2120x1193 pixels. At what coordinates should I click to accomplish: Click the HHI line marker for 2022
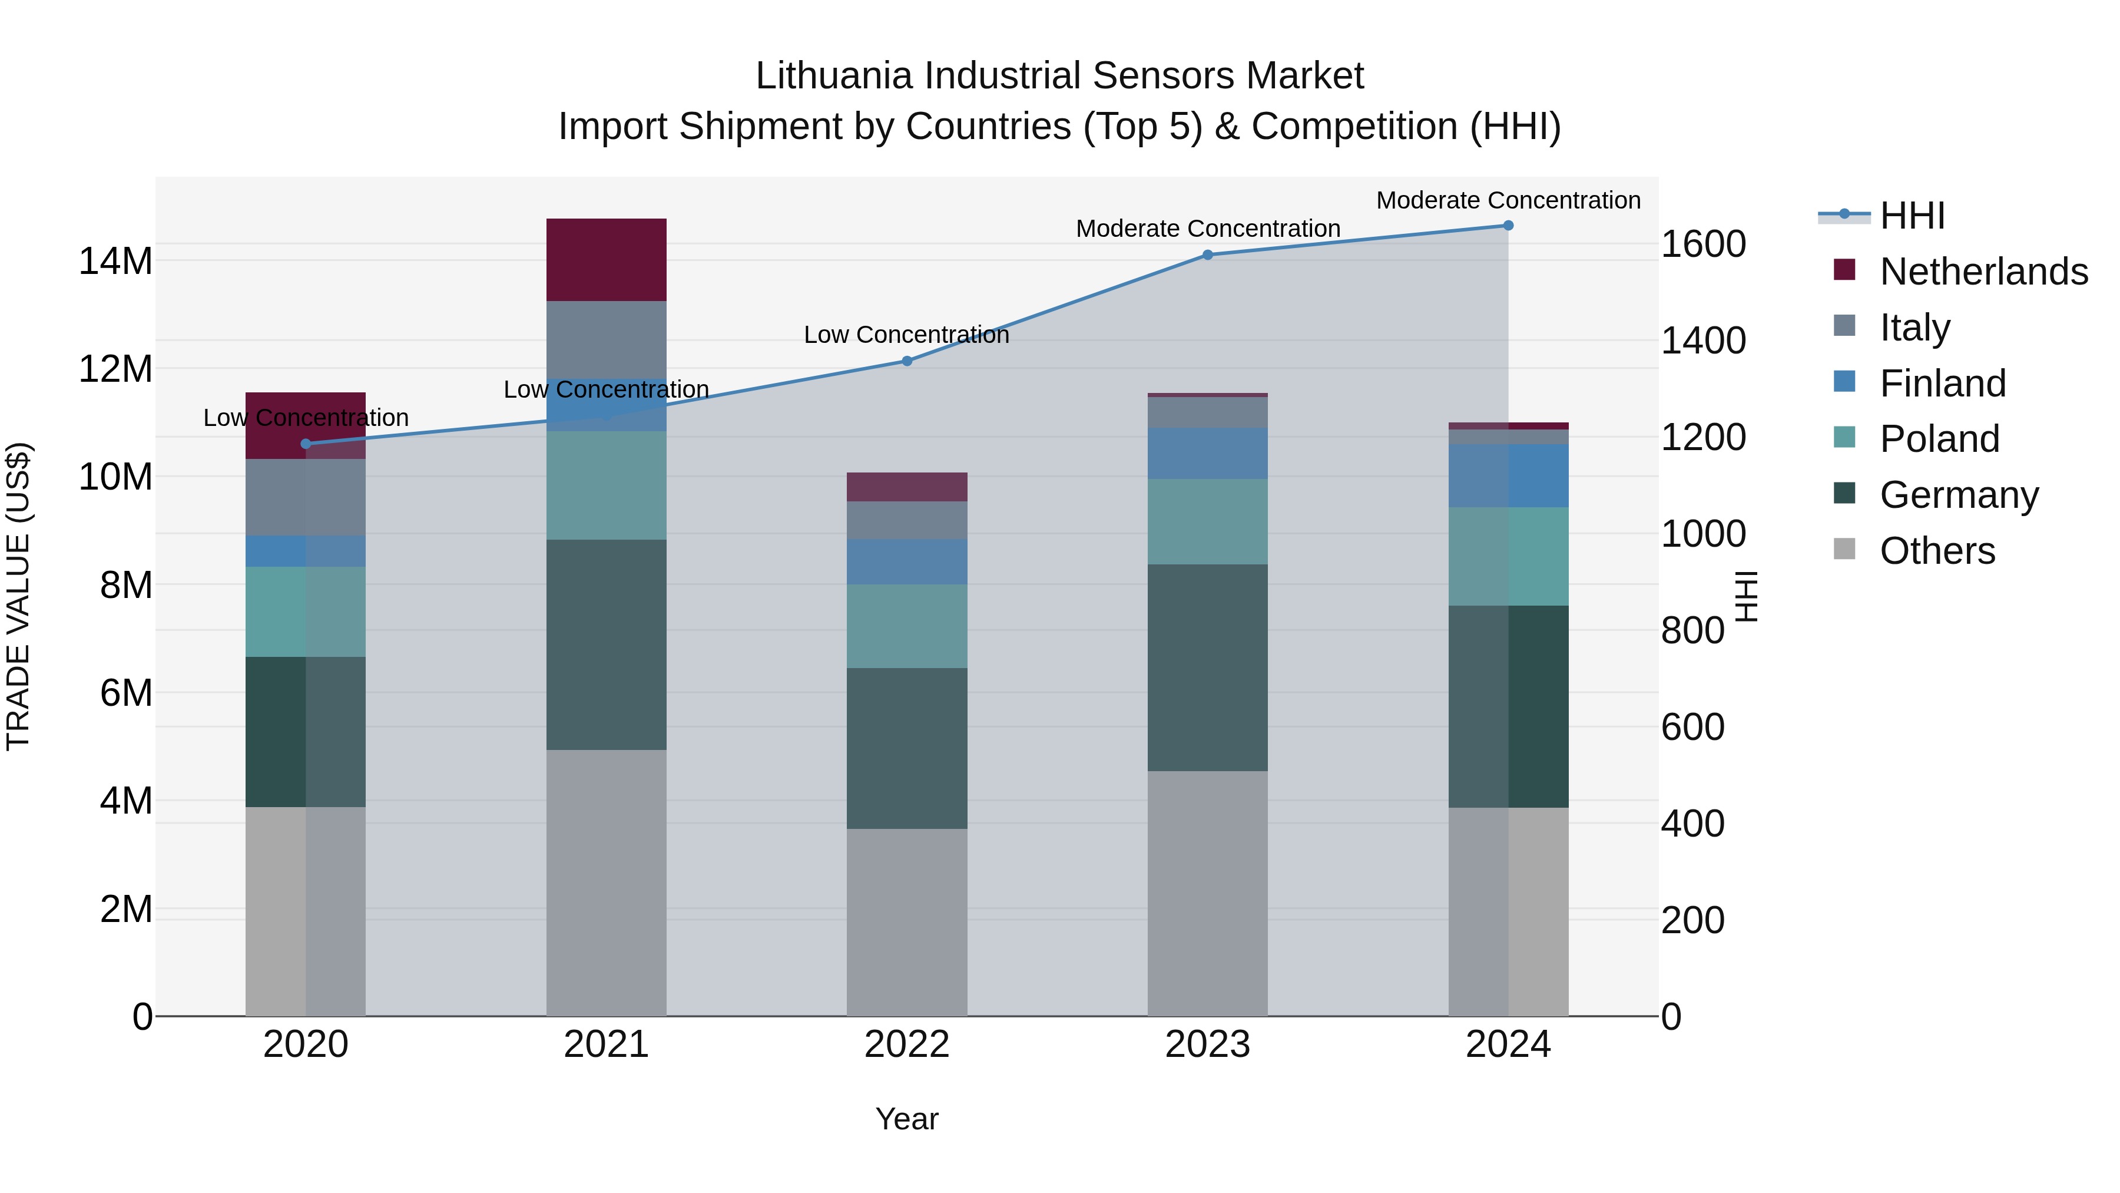pyautogui.click(x=907, y=361)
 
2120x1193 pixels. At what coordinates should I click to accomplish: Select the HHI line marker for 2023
pyautogui.click(x=1207, y=255)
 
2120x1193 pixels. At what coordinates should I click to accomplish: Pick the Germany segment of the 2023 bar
pyautogui.click(x=1207, y=667)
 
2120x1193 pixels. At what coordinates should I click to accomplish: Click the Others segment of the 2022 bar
pyautogui.click(x=907, y=922)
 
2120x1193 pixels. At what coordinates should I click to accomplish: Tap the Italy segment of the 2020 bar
pyautogui.click(x=305, y=497)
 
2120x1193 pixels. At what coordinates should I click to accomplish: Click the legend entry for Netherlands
pyautogui.click(x=1983, y=272)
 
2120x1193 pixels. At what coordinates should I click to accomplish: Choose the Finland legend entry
pyautogui.click(x=1942, y=384)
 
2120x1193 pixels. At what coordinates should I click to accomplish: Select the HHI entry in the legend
pyautogui.click(x=1912, y=216)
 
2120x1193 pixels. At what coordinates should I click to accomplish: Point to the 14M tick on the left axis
pyautogui.click(x=115, y=261)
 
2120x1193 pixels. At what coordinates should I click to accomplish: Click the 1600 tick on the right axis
pyautogui.click(x=1702, y=244)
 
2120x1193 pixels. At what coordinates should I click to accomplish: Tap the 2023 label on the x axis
pyautogui.click(x=1207, y=1045)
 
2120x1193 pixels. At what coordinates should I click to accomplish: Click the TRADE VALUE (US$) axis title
pyautogui.click(x=18, y=596)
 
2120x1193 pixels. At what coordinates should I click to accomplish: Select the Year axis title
pyautogui.click(x=907, y=1119)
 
